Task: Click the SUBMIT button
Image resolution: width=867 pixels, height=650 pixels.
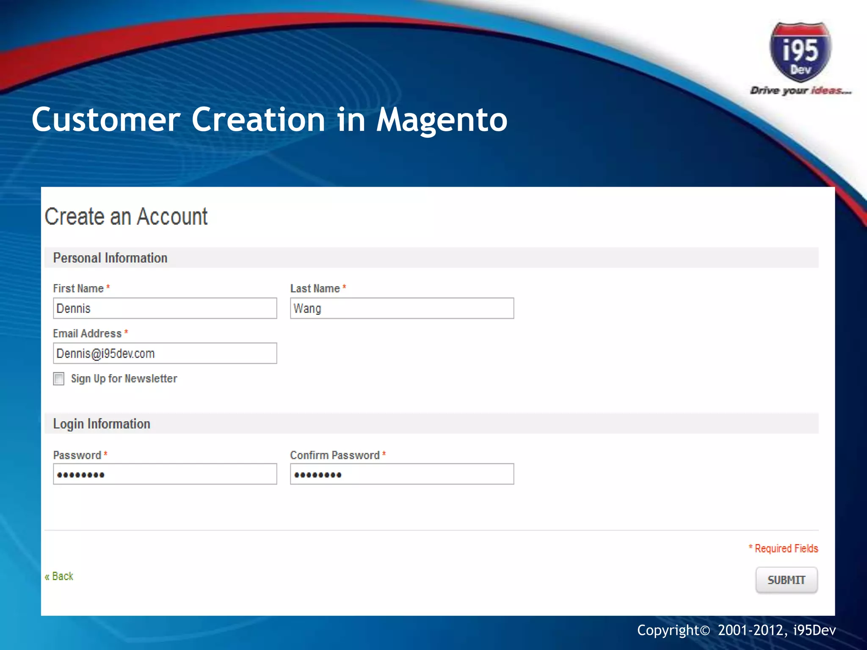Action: pos(786,580)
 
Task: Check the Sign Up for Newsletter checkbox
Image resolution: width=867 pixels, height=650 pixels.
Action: pos(59,379)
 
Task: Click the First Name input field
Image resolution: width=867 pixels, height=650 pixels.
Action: pos(165,308)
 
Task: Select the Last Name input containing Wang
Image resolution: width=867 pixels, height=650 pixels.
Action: pos(402,308)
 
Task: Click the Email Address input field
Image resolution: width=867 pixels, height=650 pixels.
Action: pos(165,353)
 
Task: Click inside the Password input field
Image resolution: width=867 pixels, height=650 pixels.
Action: pos(165,474)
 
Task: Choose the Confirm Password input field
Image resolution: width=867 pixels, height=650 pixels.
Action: pos(402,474)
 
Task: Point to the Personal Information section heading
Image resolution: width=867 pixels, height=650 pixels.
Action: pos(110,258)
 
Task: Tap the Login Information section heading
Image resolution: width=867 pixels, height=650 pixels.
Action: pos(102,424)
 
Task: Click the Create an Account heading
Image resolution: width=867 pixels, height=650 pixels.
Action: pos(126,217)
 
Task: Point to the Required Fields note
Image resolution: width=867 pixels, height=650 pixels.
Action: pos(784,548)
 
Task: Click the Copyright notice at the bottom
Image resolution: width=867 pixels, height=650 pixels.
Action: pos(736,630)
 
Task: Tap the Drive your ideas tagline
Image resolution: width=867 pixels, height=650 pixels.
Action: pos(800,91)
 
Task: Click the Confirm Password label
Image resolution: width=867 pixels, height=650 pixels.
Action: pos(335,455)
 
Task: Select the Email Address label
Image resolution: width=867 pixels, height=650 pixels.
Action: pos(87,334)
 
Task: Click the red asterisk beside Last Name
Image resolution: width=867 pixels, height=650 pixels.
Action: pos(344,287)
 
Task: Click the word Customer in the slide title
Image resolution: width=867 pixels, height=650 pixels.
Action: pos(106,120)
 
